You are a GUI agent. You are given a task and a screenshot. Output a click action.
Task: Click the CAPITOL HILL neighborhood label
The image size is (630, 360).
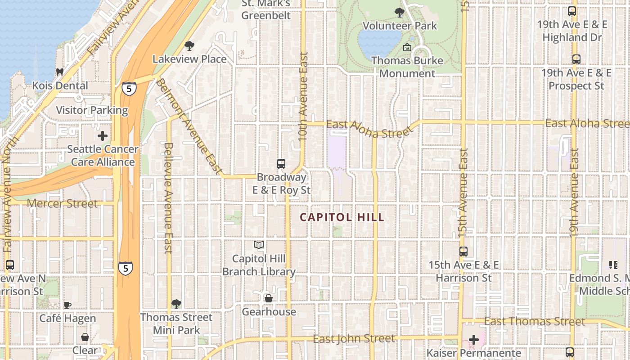[342, 217]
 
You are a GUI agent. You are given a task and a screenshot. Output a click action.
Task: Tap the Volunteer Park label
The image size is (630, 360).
[400, 26]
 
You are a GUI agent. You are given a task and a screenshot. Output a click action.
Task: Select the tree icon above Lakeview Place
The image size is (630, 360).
[189, 45]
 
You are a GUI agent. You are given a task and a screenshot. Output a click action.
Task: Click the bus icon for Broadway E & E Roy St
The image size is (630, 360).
[281, 164]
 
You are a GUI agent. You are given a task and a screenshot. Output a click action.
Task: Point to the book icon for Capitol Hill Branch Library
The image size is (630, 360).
[259, 245]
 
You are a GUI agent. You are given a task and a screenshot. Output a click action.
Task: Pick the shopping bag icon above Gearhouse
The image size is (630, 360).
[269, 298]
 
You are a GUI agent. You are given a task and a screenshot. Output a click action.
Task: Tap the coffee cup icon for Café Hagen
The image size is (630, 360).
[67, 305]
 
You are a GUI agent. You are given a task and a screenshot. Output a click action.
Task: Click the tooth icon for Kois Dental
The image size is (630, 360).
[59, 72]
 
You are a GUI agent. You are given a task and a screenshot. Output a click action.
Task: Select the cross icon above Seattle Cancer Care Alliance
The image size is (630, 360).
[103, 135]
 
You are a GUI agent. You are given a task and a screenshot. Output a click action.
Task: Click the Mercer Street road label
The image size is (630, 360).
[62, 203]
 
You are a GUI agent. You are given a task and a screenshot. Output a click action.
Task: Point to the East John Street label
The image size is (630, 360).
[354, 338]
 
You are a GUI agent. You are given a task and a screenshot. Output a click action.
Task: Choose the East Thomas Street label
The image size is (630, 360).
[535, 321]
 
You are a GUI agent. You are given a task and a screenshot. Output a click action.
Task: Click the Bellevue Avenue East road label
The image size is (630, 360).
[168, 198]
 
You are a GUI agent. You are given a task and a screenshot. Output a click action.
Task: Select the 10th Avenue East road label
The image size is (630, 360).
[303, 96]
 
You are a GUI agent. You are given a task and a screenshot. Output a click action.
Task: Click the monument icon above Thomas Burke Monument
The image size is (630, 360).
[407, 47]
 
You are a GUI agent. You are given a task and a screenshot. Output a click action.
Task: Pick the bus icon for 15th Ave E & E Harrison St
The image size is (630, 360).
[463, 252]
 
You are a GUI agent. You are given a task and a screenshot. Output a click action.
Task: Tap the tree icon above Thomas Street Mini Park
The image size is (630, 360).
[176, 304]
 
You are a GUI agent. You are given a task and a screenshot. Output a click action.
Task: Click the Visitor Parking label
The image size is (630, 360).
[92, 110]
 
